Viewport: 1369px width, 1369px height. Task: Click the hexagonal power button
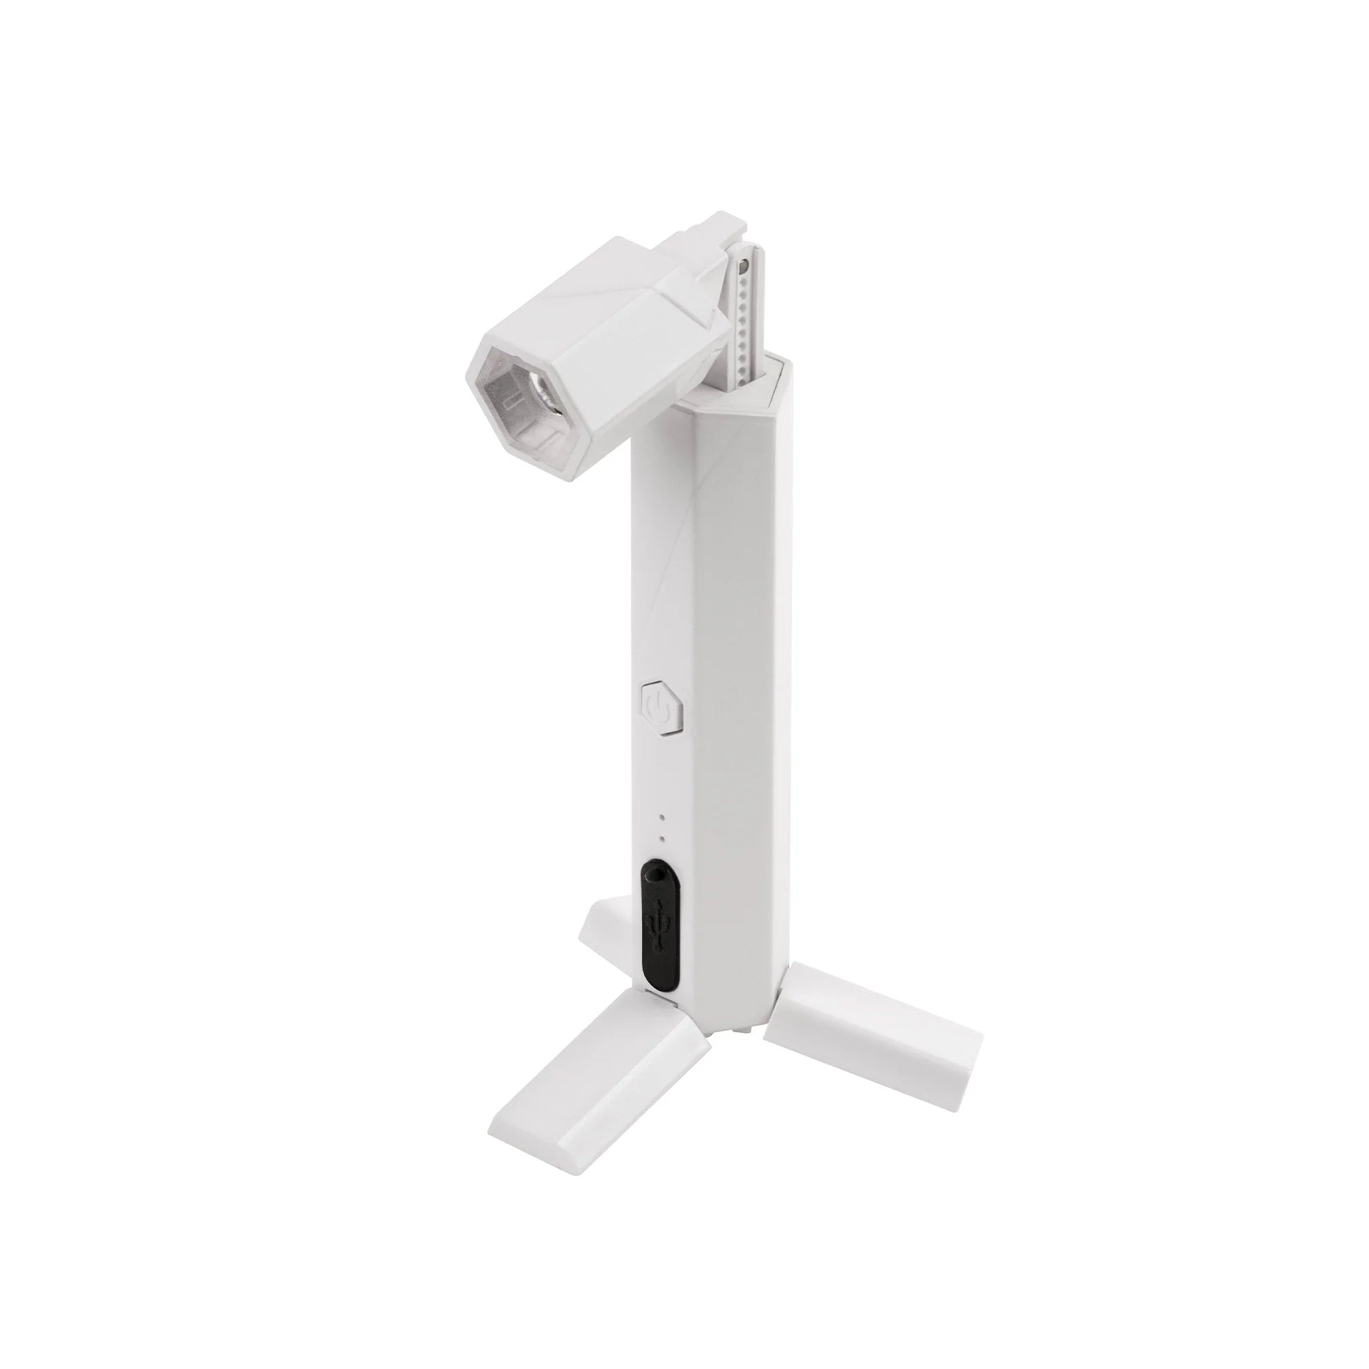coord(662,708)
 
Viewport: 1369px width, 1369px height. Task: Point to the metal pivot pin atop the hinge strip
coord(743,268)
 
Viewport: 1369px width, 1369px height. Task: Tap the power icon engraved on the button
coord(660,708)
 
